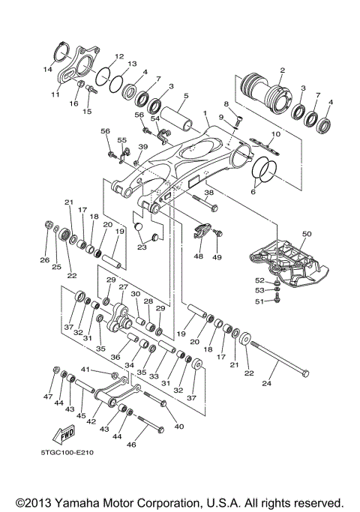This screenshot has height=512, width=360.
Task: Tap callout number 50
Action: pos(307,235)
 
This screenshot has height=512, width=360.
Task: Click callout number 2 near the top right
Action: pos(282,70)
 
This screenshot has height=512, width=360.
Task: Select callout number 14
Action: pos(48,69)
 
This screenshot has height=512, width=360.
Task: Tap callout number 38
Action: pos(209,192)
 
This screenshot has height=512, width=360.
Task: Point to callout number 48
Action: pos(198,256)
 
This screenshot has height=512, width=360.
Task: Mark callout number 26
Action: pos(44,260)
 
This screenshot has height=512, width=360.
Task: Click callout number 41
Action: pos(85,370)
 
